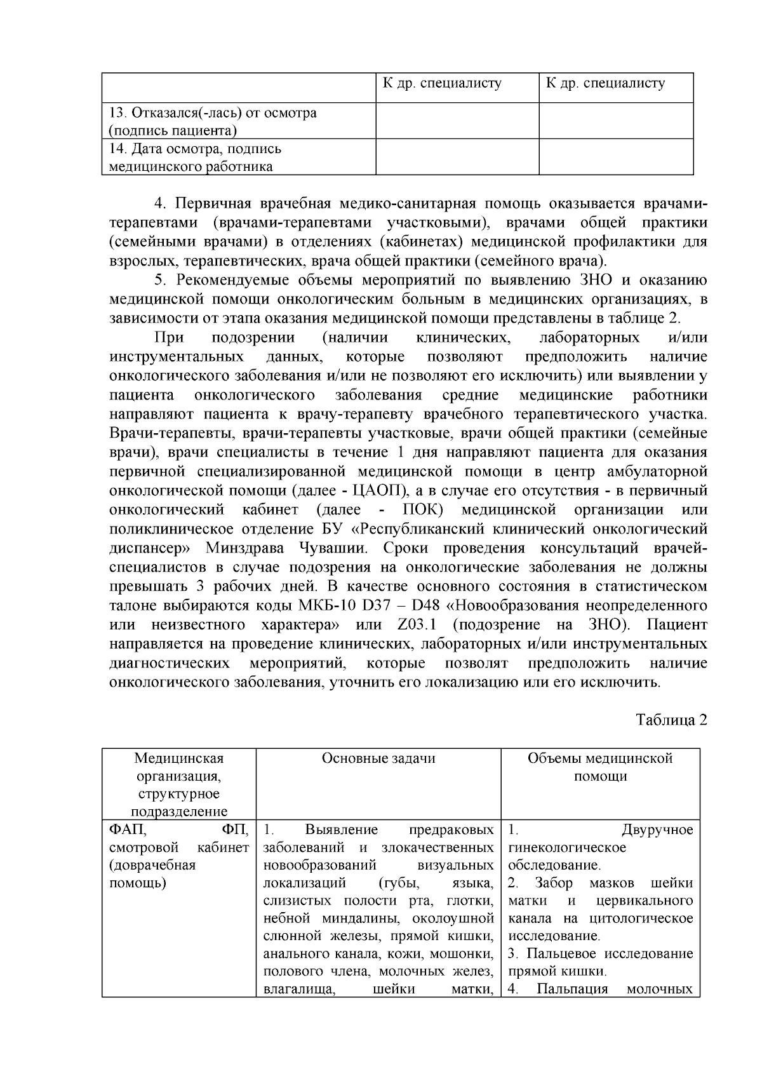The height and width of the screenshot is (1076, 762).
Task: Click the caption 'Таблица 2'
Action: tap(671, 720)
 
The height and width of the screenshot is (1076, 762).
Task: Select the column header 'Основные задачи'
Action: tap(378, 758)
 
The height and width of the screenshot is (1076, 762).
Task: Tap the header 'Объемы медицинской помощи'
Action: tap(600, 767)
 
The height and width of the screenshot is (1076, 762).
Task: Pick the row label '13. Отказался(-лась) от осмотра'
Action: tap(213, 113)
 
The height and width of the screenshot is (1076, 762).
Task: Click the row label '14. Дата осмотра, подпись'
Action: tap(196, 149)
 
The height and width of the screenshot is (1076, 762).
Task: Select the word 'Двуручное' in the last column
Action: tap(657, 830)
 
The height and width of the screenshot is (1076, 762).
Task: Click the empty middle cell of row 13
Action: tap(457, 121)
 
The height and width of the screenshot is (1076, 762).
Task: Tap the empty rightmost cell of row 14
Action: tap(616, 156)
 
